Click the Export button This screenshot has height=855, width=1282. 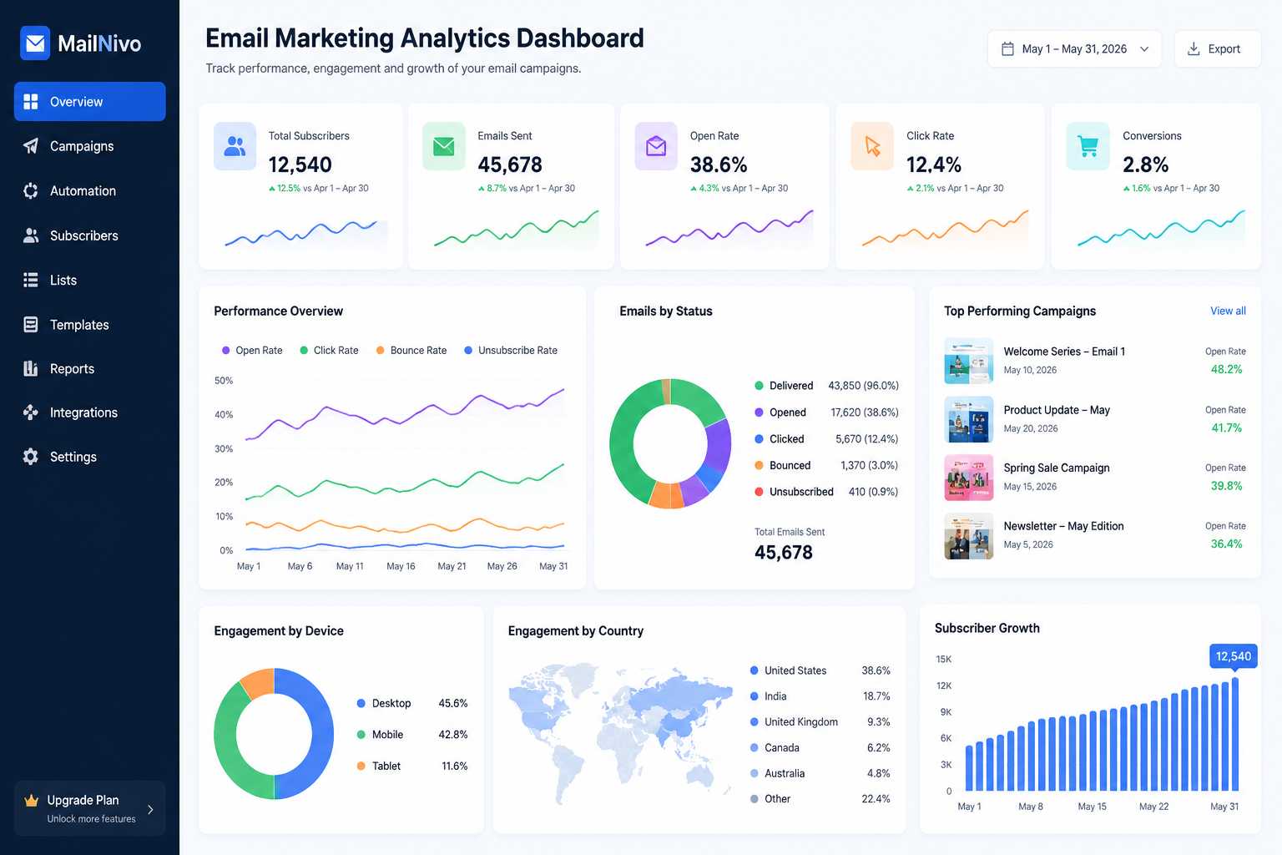(1218, 49)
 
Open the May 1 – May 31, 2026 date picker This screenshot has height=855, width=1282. (1074, 49)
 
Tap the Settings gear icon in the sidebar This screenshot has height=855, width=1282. (30, 457)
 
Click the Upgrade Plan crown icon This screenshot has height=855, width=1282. (31, 800)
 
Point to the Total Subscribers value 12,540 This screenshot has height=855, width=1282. (300, 165)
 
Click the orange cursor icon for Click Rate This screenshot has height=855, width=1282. (872, 146)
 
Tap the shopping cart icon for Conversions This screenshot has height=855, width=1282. (1088, 146)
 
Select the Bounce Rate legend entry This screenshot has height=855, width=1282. (411, 350)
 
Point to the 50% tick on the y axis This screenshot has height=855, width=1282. (224, 380)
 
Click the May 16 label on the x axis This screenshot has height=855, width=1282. (401, 566)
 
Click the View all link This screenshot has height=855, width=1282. (1228, 311)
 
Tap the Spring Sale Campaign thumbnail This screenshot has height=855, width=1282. (968, 478)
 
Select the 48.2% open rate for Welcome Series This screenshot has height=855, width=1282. (1226, 369)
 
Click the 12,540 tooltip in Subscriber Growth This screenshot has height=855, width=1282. (1234, 656)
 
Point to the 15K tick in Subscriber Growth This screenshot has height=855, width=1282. (944, 659)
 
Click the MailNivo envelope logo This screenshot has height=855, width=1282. (35, 43)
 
